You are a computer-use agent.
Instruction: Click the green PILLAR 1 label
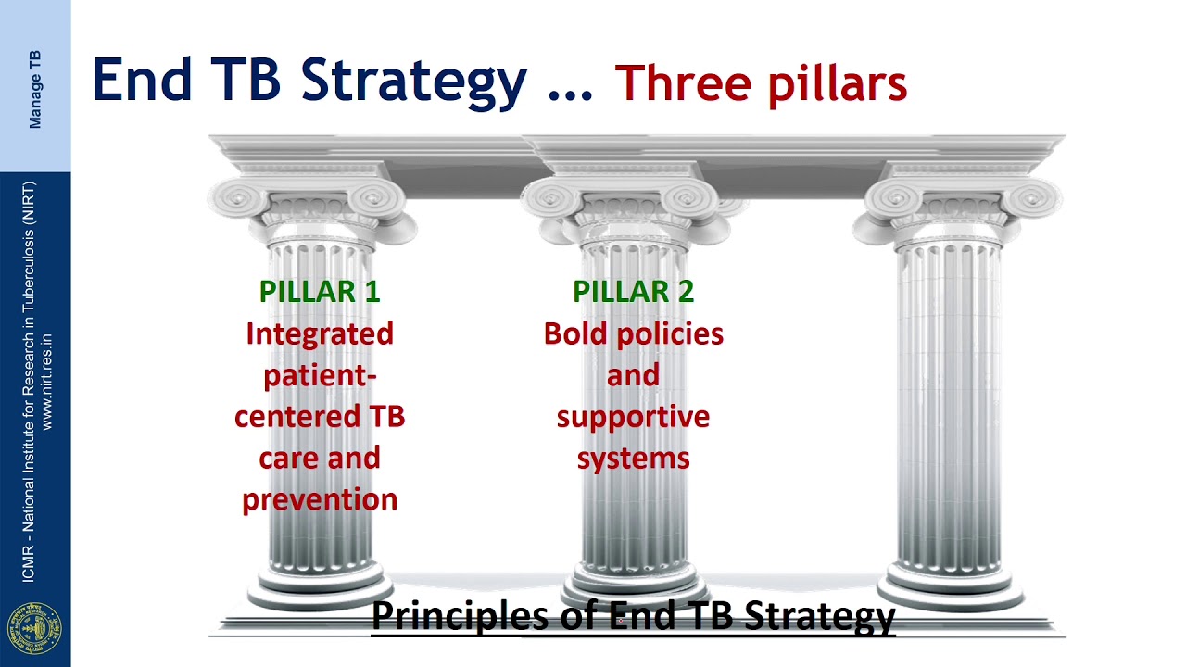coord(320,291)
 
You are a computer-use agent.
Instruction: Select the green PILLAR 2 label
coord(633,291)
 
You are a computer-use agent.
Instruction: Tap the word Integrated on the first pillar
coord(320,333)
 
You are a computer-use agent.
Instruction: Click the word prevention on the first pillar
coord(320,499)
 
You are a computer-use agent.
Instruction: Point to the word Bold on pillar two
coord(572,333)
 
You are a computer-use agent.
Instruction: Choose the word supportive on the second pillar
coord(633,417)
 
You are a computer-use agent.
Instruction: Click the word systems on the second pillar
coord(633,458)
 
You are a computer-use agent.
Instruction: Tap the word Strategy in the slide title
coord(413,82)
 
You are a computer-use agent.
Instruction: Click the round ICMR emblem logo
coord(34,627)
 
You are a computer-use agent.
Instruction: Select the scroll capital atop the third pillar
coord(956,199)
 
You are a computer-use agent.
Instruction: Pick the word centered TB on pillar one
coord(320,417)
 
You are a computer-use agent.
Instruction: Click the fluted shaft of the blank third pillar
coord(950,398)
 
